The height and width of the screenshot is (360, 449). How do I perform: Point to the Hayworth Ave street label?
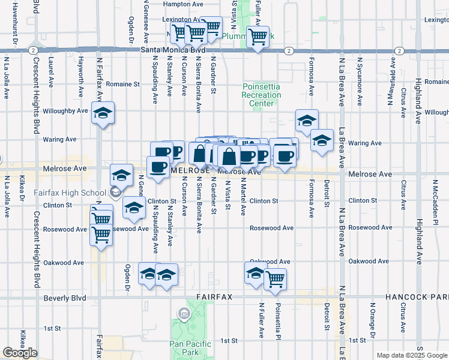(80, 77)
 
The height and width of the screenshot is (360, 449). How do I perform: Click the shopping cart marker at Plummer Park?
(258, 37)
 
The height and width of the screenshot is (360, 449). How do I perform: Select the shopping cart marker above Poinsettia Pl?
(275, 278)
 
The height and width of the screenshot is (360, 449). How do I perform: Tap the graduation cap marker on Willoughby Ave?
(103, 112)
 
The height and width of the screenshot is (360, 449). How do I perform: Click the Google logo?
(20, 353)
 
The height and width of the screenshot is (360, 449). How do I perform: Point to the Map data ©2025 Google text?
(412, 355)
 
